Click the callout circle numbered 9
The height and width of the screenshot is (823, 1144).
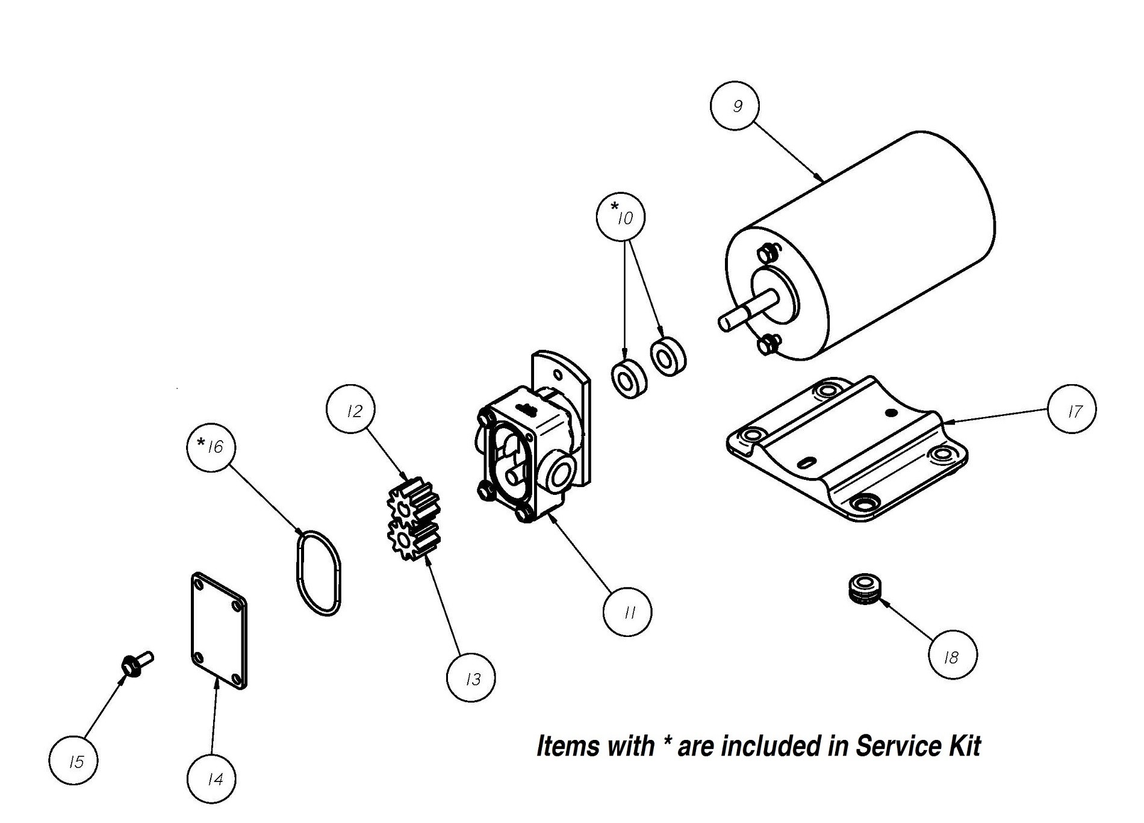pos(735,106)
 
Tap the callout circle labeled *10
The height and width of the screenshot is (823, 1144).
pos(621,217)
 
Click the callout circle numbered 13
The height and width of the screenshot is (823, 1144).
pos(471,678)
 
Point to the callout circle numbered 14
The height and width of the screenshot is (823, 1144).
pos(212,778)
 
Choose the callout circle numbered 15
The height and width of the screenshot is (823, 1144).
pos(74,761)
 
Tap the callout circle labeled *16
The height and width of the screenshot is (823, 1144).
pos(211,447)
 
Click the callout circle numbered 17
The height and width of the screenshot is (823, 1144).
pos(1072,410)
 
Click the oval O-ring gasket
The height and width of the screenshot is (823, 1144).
pos(319,572)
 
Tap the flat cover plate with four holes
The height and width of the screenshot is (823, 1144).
pos(218,632)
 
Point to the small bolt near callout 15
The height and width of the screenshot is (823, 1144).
pos(137,662)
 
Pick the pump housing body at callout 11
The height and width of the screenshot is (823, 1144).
pos(518,458)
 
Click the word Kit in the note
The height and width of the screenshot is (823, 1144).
pos(965,746)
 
